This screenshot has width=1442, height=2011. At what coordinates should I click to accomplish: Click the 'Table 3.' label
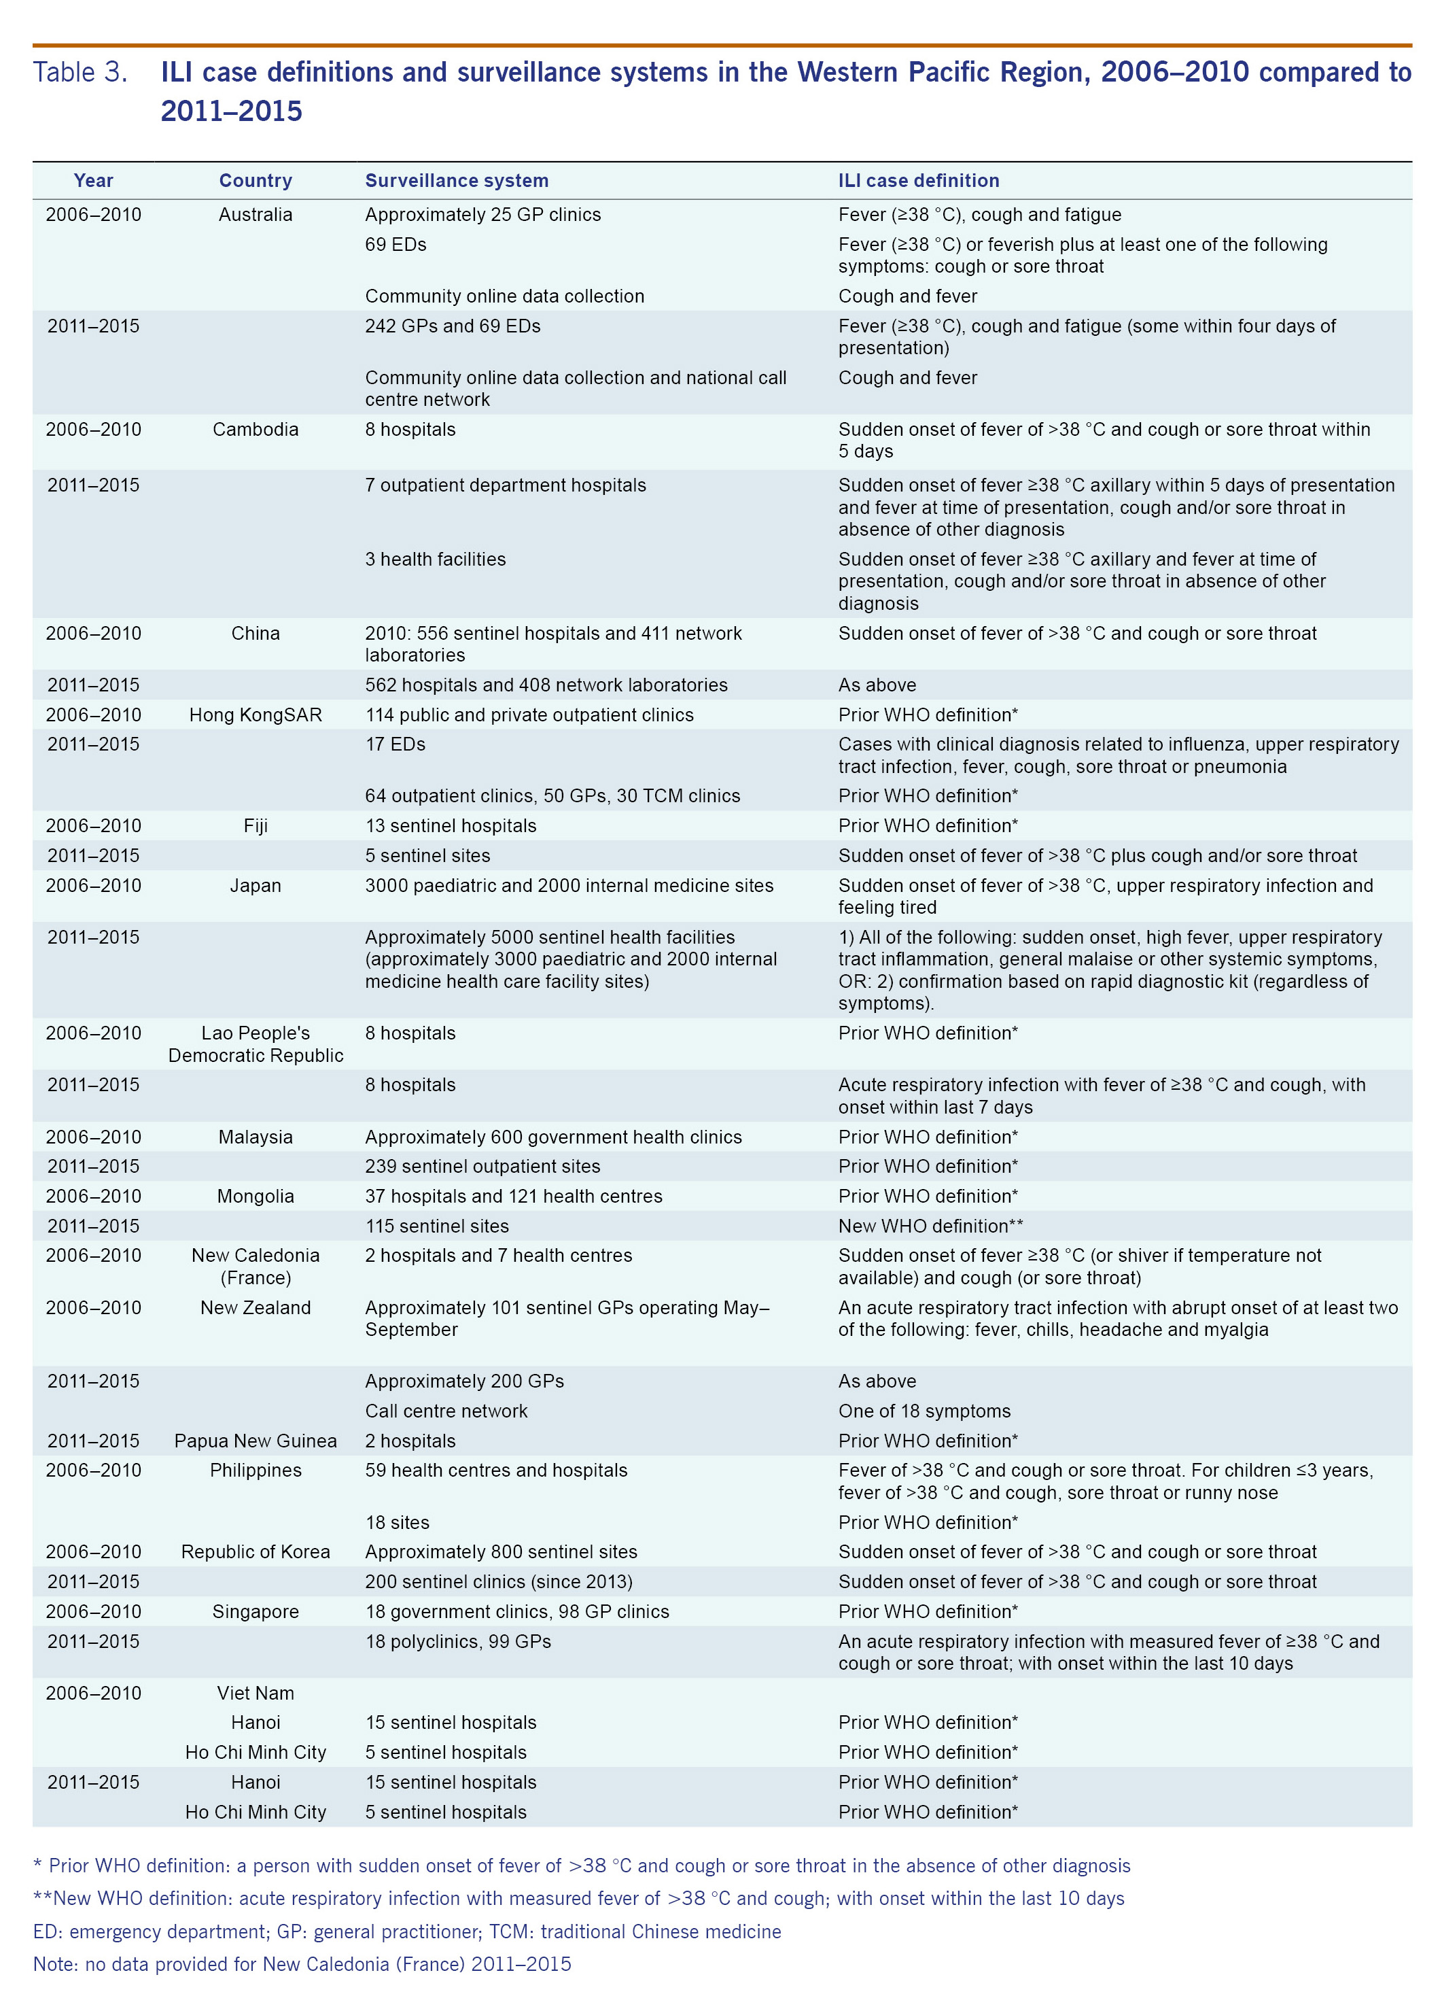[80, 72]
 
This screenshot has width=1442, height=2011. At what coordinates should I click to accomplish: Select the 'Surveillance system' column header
[457, 181]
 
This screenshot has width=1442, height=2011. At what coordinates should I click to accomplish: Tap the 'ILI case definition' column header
[918, 181]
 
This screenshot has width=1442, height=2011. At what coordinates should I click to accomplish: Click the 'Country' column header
[256, 181]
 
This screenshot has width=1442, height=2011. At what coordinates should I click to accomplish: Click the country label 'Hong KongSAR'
[256, 715]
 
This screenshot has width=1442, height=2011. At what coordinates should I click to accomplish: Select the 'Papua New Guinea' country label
[256, 1441]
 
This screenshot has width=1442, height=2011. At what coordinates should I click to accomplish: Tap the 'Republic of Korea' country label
[256, 1551]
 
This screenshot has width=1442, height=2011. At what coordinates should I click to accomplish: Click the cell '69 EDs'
[395, 245]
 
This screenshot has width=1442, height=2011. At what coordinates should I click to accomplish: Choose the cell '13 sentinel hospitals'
[451, 825]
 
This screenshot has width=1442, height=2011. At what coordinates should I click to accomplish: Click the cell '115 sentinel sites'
[437, 1226]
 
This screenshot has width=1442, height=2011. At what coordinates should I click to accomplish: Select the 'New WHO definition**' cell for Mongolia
[930, 1226]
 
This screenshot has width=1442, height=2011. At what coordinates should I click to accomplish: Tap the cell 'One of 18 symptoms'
[924, 1411]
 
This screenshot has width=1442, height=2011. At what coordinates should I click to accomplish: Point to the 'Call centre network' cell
[446, 1411]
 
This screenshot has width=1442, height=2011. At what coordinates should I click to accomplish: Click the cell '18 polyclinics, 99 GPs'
[457, 1641]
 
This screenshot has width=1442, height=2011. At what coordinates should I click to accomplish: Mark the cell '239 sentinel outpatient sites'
[482, 1166]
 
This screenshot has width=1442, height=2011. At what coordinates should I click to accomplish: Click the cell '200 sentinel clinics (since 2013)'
[498, 1582]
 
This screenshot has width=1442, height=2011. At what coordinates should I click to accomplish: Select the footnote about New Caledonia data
[301, 1965]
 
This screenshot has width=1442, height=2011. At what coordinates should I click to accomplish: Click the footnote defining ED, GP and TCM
[407, 1932]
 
